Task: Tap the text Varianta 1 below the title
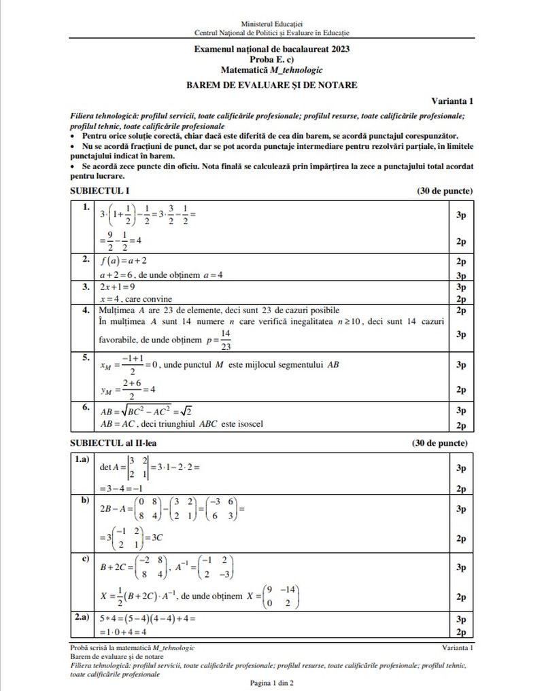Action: tap(452, 101)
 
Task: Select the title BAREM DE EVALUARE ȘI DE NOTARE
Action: tap(272, 85)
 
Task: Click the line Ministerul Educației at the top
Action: tap(272, 24)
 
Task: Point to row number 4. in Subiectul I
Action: tap(86, 311)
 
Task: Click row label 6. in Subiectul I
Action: tap(86, 408)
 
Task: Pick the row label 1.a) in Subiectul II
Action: tap(82, 460)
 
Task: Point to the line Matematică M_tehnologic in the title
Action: tap(272, 69)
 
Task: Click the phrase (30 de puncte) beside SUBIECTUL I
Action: tap(445, 191)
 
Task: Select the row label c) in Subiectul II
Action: tap(86, 559)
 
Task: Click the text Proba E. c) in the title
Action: tap(272, 59)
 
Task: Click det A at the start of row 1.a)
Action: tap(109, 467)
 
